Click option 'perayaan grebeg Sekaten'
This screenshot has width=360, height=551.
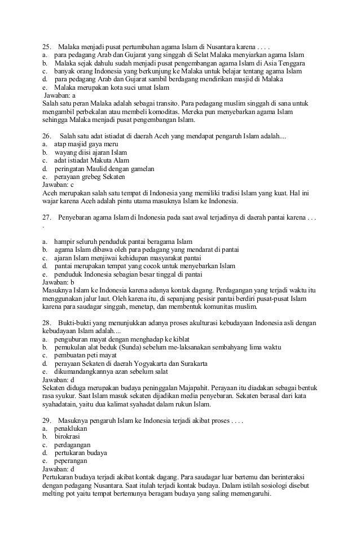(90, 177)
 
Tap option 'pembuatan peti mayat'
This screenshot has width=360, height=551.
(85, 355)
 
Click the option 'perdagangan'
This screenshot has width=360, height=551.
(72, 445)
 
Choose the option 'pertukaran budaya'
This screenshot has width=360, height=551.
(81, 453)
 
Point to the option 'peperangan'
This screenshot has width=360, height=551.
(71, 461)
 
